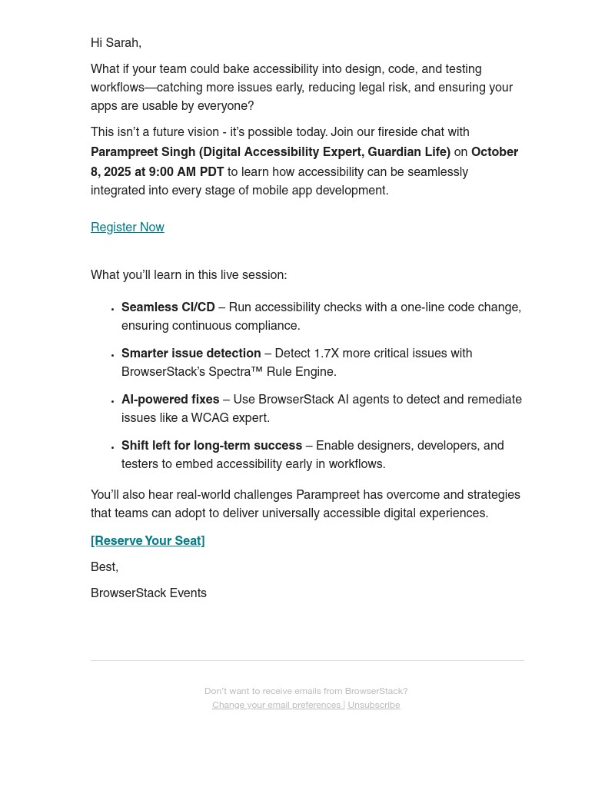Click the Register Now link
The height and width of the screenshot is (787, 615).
tap(128, 227)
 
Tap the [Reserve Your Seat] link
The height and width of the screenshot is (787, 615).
tap(148, 541)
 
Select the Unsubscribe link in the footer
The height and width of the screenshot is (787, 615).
tap(374, 705)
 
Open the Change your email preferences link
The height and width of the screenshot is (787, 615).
tap(277, 705)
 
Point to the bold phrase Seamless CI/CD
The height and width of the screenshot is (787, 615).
tap(168, 307)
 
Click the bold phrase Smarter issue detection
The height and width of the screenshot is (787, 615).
tap(191, 354)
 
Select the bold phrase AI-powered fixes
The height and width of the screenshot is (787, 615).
tap(170, 400)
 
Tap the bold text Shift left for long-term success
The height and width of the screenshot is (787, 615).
tap(211, 446)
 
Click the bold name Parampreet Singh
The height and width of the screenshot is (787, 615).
tap(143, 152)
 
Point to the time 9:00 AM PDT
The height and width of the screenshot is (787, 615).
tap(186, 172)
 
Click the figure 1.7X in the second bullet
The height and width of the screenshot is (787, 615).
tap(326, 354)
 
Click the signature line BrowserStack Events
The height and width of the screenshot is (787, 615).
tap(148, 593)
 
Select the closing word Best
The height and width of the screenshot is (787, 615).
tap(103, 567)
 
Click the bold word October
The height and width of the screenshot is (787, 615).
tap(494, 152)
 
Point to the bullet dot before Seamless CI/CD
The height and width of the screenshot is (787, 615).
tap(112, 309)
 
